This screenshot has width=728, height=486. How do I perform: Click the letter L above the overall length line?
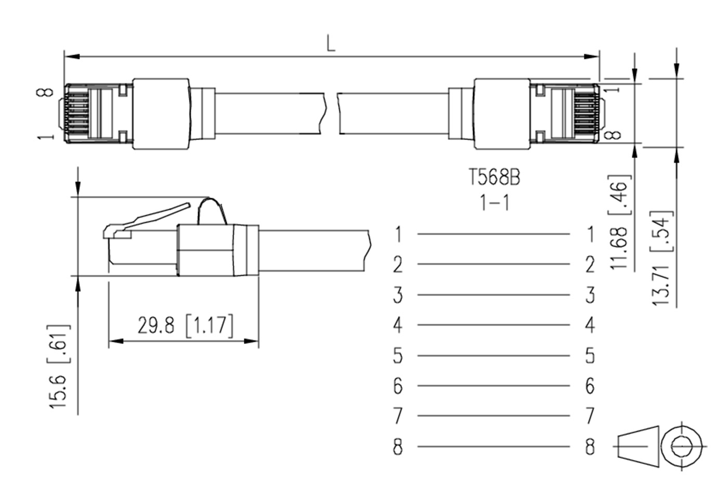(x=331, y=44)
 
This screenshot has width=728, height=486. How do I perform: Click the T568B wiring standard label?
(x=494, y=177)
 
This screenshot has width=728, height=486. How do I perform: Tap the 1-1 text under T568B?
(x=495, y=202)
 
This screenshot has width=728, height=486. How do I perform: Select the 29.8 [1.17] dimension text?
(x=185, y=326)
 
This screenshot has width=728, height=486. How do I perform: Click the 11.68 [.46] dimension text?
(x=619, y=222)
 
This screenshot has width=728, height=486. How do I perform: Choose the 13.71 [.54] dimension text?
(x=661, y=258)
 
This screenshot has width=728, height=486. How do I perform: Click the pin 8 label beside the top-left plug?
(x=45, y=93)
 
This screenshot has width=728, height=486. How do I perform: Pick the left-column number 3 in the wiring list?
(x=398, y=295)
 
